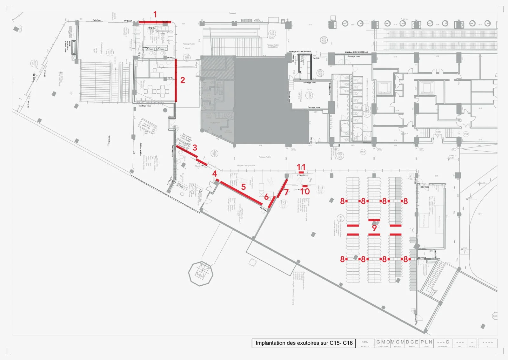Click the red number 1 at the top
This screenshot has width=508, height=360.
[x=155, y=15]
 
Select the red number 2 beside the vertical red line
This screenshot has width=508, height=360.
[x=183, y=80]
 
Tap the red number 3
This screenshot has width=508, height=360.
[x=195, y=148]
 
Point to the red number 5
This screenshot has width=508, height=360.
[x=243, y=187]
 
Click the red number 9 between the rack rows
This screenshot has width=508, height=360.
[x=374, y=228]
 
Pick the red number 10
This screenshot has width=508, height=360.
[x=305, y=191]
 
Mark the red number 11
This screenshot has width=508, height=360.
[x=301, y=167]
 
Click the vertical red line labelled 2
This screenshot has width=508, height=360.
[x=176, y=80]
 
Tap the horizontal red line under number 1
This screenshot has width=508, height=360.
[x=155, y=22]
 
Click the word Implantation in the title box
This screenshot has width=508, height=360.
[x=271, y=343]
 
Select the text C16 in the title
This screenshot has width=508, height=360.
[x=348, y=343]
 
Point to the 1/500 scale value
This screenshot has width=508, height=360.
[x=365, y=342]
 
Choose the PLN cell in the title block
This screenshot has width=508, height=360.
[x=426, y=342]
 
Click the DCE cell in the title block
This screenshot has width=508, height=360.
[x=412, y=342]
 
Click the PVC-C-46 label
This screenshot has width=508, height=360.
[x=97, y=20]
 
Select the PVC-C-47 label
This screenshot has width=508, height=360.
[x=128, y=21]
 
